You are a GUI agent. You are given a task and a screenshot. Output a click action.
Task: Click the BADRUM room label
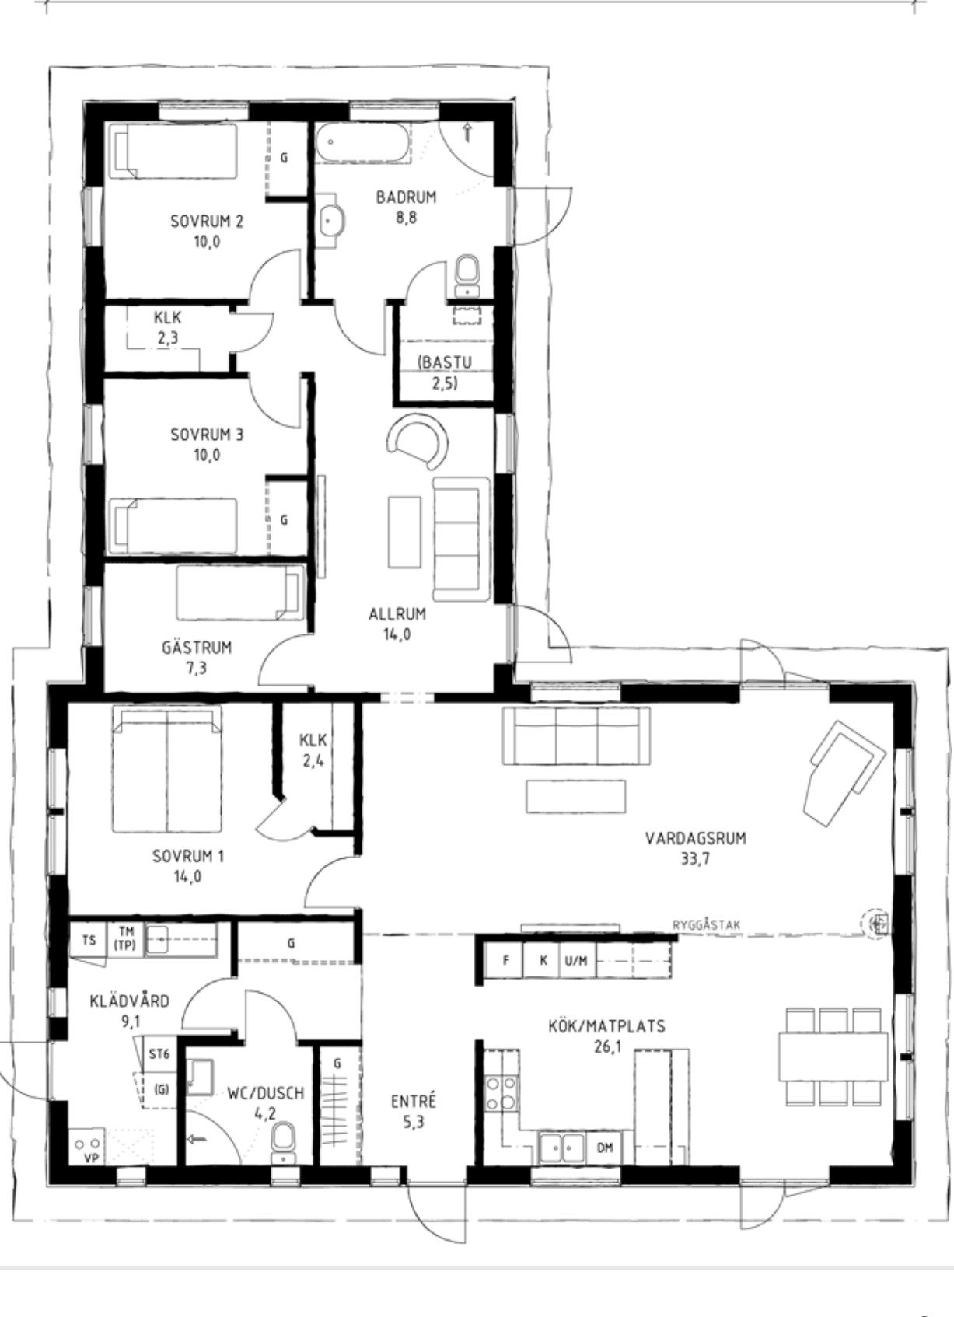click(407, 197)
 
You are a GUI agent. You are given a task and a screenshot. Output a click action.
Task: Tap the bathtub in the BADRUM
click(362, 141)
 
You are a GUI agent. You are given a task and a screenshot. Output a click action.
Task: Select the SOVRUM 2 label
click(207, 222)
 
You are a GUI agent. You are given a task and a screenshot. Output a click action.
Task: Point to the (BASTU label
click(445, 362)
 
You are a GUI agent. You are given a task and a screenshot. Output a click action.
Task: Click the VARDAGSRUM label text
click(695, 838)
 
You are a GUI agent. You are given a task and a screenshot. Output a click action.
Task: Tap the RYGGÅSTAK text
click(707, 925)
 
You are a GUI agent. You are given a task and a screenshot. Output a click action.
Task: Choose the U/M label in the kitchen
click(576, 961)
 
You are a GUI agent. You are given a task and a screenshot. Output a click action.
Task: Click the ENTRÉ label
click(414, 1101)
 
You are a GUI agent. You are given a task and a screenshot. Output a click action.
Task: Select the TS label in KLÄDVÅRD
click(89, 940)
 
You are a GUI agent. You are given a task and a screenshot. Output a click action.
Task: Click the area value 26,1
click(607, 1046)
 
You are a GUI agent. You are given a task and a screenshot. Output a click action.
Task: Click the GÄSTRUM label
click(197, 648)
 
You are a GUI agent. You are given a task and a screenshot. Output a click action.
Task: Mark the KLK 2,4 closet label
click(313, 749)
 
